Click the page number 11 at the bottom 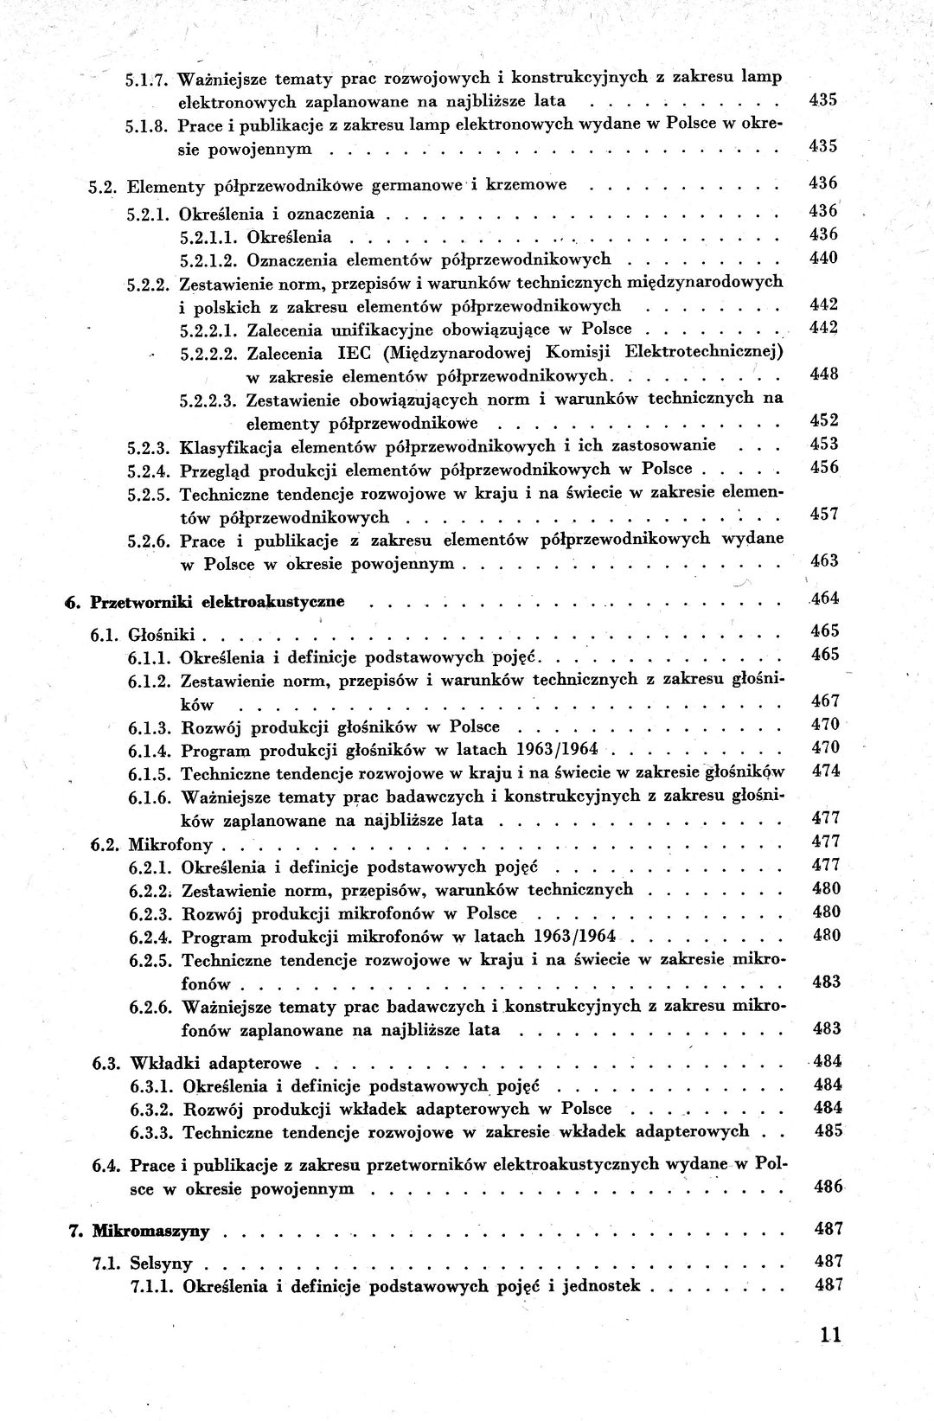[831, 1335]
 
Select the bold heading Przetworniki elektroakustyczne [217, 601]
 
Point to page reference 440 [823, 258]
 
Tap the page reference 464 [824, 598]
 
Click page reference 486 [828, 1187]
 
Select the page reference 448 [824, 374]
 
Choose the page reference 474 [826, 771]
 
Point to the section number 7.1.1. [152, 1286]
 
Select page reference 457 [824, 515]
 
